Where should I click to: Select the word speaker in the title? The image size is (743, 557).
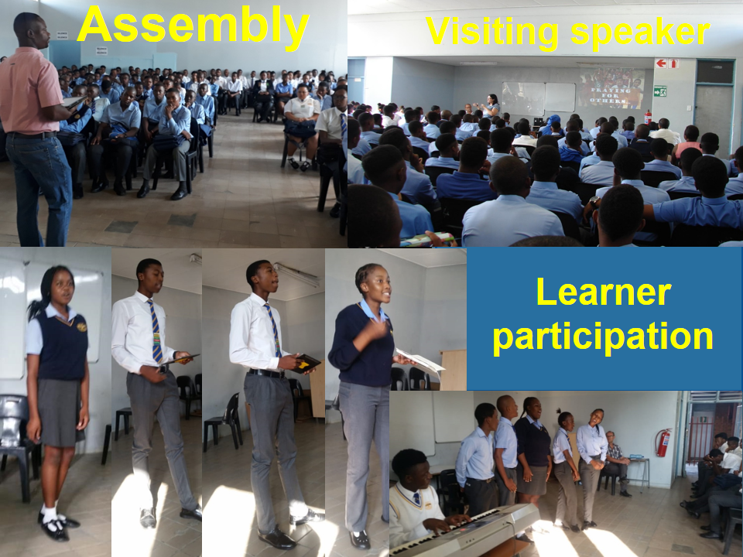(640, 32)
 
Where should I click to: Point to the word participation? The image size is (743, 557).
(603, 337)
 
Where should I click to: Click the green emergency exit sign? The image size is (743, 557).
(660, 91)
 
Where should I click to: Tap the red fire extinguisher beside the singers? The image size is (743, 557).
(663, 443)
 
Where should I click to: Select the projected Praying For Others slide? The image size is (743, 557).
(611, 88)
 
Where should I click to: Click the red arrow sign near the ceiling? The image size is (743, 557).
(662, 63)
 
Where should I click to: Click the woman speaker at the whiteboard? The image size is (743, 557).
(491, 106)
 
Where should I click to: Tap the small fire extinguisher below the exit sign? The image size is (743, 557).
(649, 117)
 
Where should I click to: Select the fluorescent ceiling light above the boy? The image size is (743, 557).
(296, 275)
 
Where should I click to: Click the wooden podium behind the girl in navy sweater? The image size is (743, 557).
(453, 370)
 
